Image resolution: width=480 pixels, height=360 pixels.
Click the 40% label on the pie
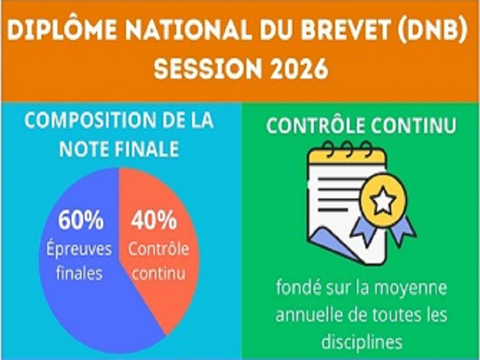pos(154,222)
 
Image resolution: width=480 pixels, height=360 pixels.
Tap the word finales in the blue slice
pos(79,274)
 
